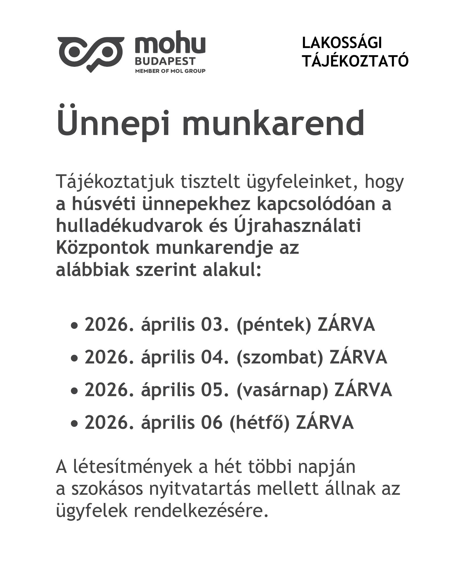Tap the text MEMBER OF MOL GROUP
[x=170, y=71]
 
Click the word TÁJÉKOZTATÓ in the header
[x=355, y=61]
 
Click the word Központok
[x=102, y=248]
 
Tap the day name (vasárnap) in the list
[x=282, y=390]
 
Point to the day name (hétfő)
[x=259, y=422]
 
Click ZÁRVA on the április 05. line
[x=363, y=390]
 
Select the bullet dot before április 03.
[x=74, y=326]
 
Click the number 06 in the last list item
[x=211, y=422]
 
